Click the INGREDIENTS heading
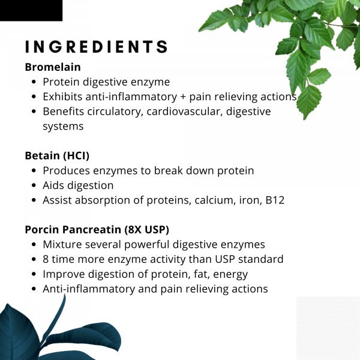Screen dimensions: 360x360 click(96, 47)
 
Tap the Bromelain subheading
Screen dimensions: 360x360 click(53, 67)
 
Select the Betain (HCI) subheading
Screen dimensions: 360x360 click(57, 156)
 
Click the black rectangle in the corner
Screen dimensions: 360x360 click(31, 10)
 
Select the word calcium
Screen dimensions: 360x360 click(214, 200)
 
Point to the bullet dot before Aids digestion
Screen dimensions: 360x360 click(34, 186)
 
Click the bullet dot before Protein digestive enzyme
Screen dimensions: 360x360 click(34, 82)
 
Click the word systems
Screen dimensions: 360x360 click(63, 127)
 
